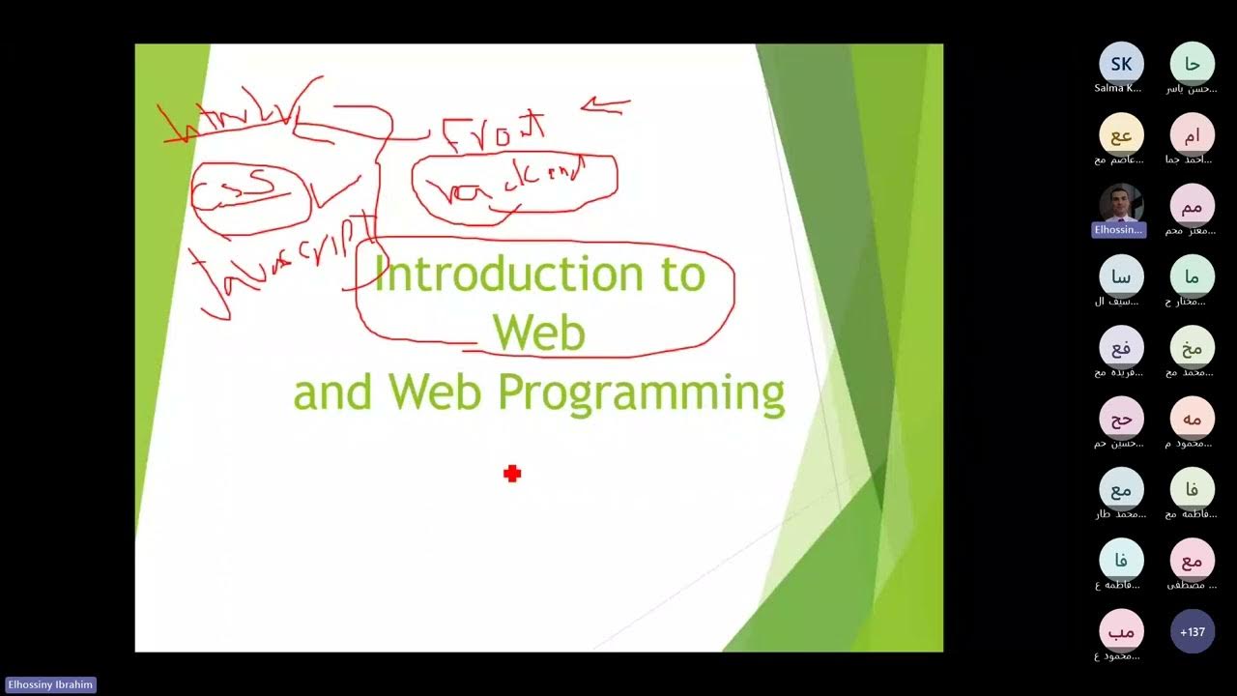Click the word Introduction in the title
(508, 275)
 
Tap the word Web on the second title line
(539, 333)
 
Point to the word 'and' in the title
(332, 393)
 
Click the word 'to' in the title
(683, 275)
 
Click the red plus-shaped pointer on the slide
(512, 473)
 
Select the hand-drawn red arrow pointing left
(605, 105)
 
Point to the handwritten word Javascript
(280, 261)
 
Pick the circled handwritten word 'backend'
(514, 184)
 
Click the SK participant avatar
(1121, 65)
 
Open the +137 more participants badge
(1193, 632)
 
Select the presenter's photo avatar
(1121, 205)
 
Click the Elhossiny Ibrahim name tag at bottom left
(50, 685)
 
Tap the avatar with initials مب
(1121, 632)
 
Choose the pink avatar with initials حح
(1121, 420)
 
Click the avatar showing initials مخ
(1193, 349)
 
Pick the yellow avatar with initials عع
(1121, 136)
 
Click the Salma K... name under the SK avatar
(1118, 88)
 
